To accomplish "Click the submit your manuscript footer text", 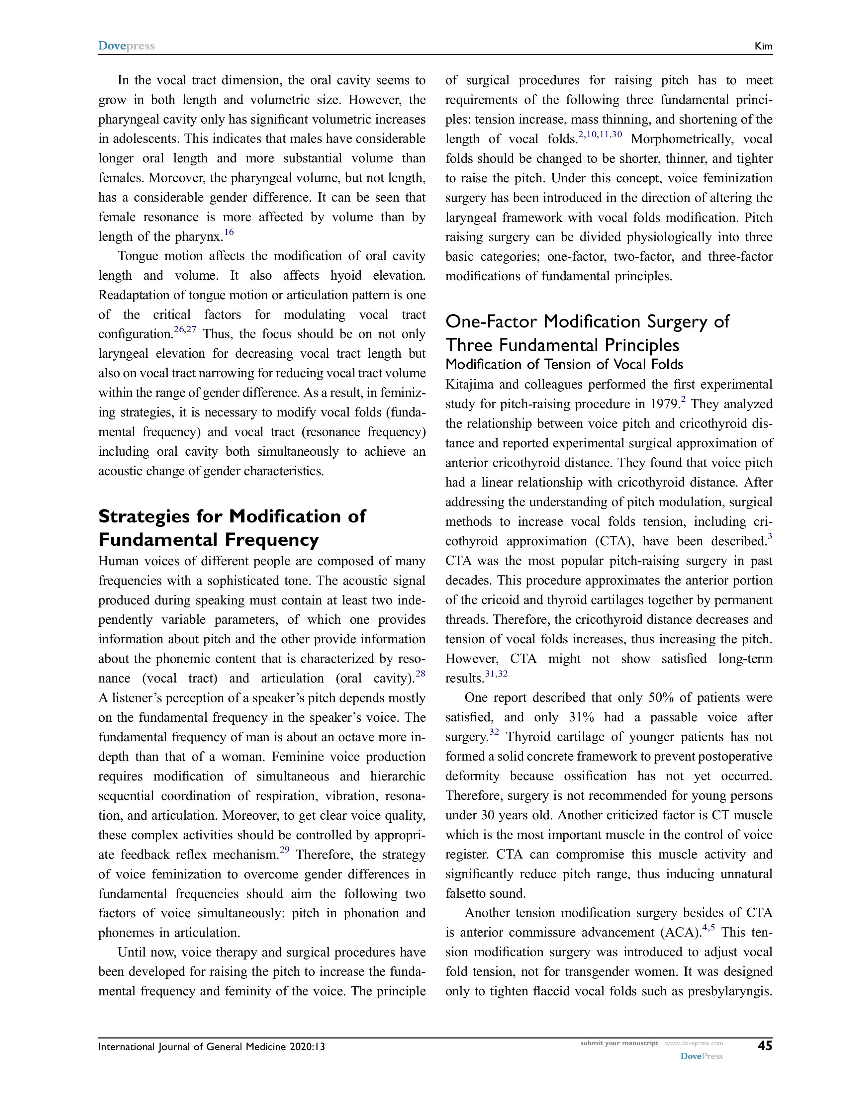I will click(x=619, y=1043).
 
